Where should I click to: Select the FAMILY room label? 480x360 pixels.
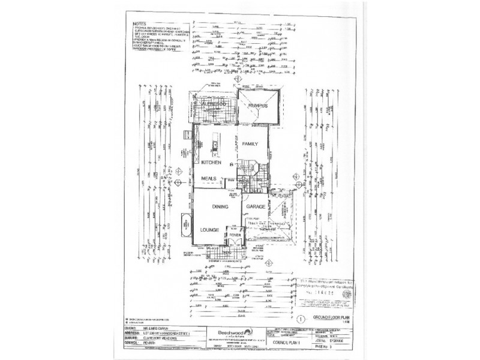(249, 145)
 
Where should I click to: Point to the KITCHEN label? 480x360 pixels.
(212, 163)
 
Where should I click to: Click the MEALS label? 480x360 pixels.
(208, 178)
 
